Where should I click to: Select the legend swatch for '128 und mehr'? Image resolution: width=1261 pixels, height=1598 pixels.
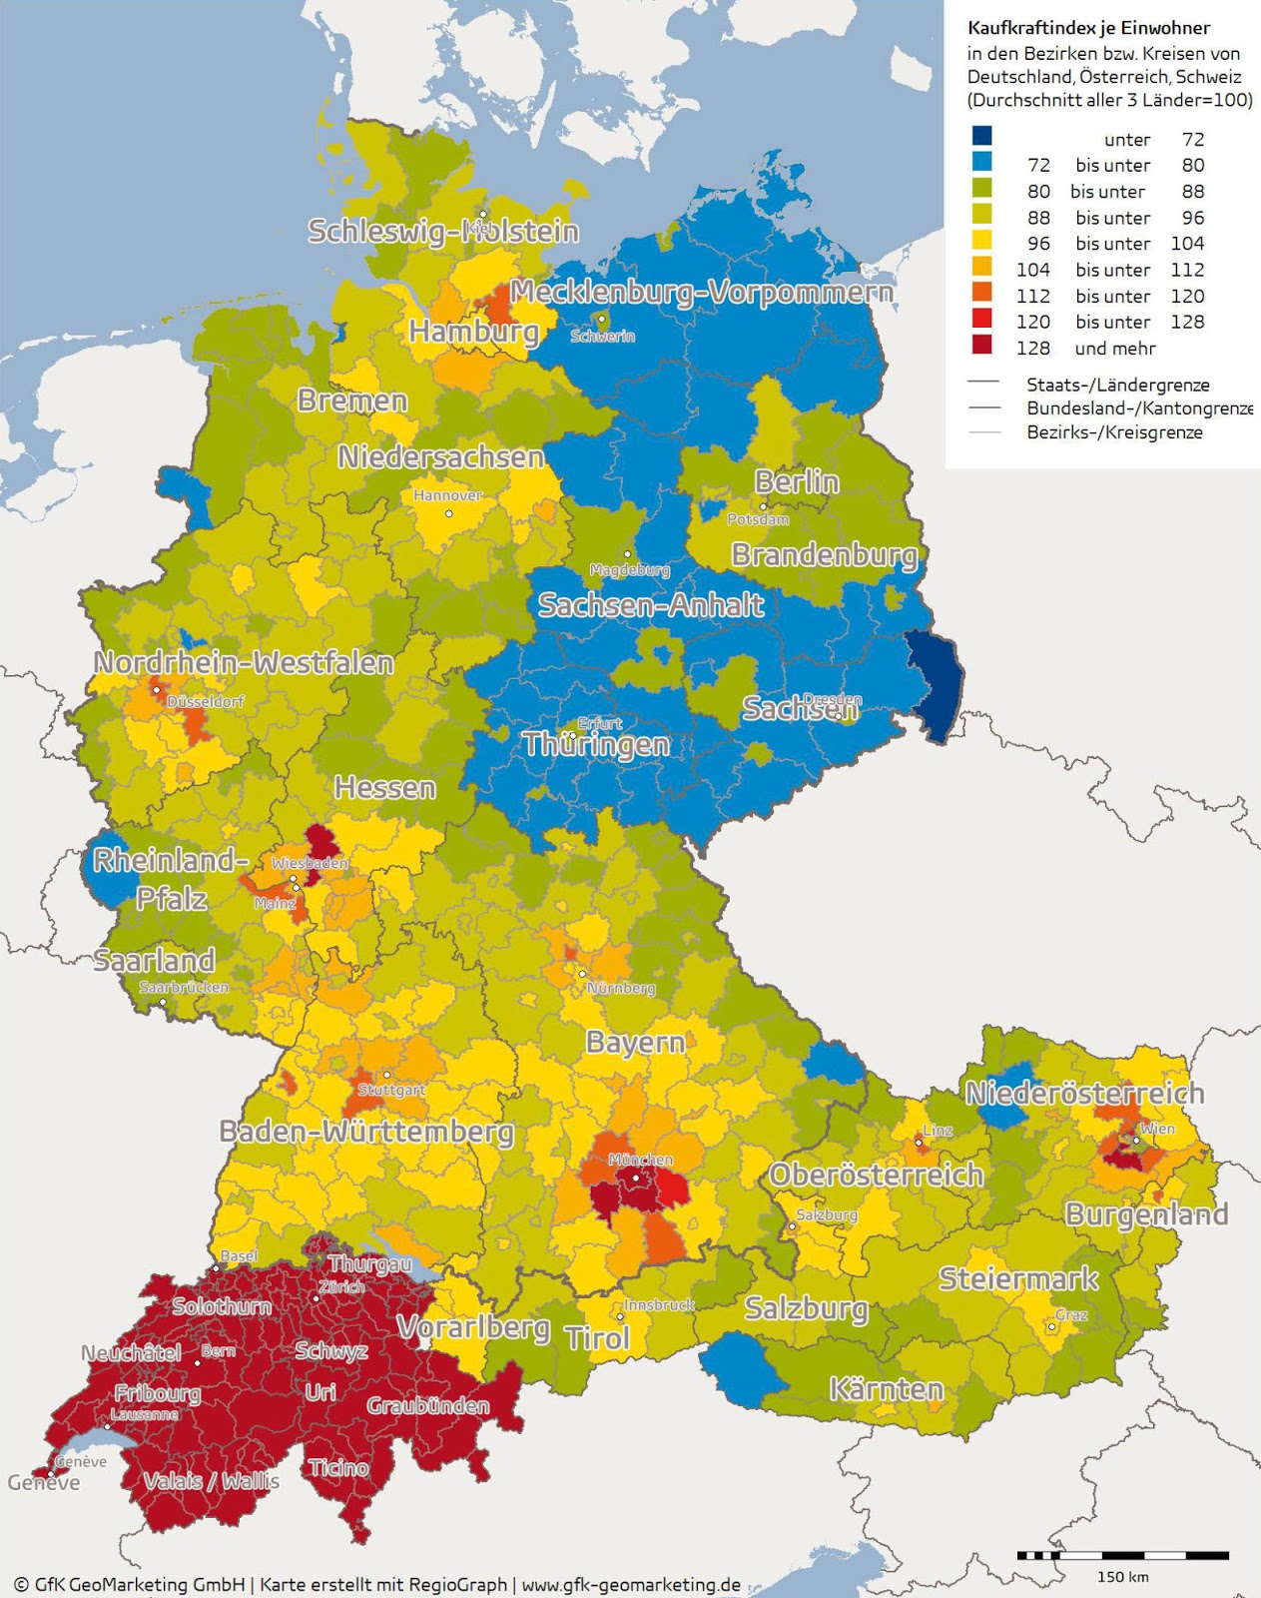point(982,346)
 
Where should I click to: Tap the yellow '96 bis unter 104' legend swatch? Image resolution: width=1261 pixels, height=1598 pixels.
point(982,241)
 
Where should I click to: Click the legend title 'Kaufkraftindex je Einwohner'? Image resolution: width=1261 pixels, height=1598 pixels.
point(1088,28)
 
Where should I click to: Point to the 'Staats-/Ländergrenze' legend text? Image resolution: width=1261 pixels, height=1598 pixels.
point(1117,385)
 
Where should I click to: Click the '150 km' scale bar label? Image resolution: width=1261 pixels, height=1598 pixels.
point(1122,1577)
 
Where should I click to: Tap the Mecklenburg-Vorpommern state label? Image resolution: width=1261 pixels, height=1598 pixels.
point(701,293)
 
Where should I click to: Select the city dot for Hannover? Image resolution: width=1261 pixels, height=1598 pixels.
point(449,513)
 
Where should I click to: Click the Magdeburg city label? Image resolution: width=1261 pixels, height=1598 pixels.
point(629,570)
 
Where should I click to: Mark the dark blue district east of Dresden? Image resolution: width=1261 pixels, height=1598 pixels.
point(935,684)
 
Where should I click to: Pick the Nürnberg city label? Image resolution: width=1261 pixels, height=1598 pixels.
point(621,988)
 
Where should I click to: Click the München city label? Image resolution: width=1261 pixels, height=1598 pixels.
point(640,1160)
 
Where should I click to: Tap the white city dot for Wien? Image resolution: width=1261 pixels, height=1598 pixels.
point(1136,1140)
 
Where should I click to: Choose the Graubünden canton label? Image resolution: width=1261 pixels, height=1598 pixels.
point(427,1406)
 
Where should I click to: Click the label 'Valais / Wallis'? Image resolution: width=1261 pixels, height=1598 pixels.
point(212,1480)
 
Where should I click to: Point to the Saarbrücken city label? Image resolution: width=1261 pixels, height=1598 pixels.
point(184,987)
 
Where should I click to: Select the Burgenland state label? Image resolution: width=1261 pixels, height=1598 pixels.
point(1146,1214)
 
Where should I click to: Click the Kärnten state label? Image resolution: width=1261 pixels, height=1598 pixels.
point(886,1389)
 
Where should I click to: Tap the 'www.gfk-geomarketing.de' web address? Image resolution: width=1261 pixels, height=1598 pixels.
point(631,1584)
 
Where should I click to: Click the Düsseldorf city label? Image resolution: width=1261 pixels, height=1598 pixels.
point(206,701)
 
